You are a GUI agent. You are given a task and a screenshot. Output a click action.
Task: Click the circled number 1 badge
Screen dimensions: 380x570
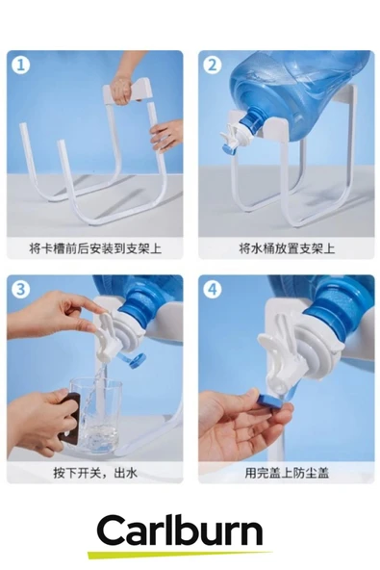click(x=21, y=65)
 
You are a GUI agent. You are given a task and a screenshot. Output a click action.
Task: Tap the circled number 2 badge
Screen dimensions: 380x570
click(x=213, y=65)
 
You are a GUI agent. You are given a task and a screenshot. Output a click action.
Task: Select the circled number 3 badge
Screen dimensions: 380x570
click(x=21, y=290)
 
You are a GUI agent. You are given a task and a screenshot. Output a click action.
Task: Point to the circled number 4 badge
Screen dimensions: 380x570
click(x=213, y=290)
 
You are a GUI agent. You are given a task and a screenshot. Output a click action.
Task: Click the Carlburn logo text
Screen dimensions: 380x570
click(x=180, y=531)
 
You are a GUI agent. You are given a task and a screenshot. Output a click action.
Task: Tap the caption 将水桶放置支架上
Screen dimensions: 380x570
click(x=287, y=248)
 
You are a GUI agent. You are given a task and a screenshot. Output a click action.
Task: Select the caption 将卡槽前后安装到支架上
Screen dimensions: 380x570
click(x=95, y=248)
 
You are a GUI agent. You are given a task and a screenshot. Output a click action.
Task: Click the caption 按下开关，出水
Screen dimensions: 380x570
click(x=95, y=473)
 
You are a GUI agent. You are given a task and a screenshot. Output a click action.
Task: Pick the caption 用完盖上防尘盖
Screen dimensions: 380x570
click(x=287, y=473)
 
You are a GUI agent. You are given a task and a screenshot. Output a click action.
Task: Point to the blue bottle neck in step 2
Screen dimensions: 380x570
click(x=254, y=121)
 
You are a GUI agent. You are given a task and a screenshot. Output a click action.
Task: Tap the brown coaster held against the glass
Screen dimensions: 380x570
click(x=71, y=419)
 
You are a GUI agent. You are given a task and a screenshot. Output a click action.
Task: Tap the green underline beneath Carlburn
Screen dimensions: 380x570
click(x=180, y=555)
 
